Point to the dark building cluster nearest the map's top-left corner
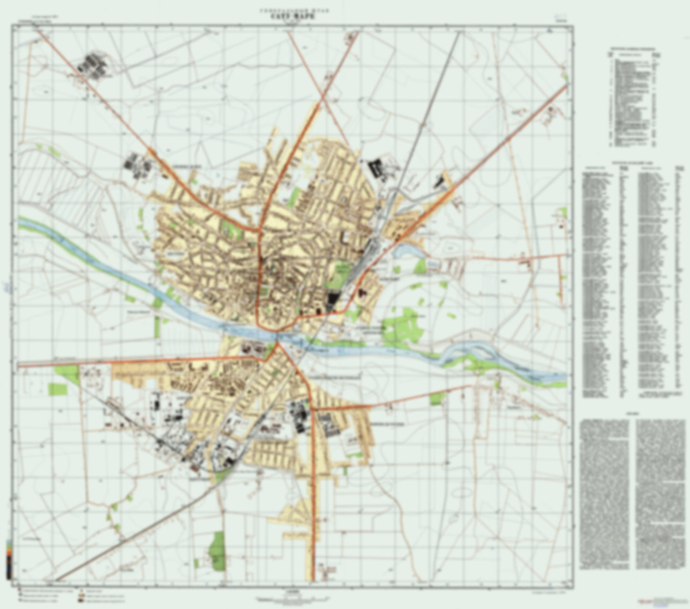pos(92,65)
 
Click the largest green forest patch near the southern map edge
pos(217,550)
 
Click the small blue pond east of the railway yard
pos(406,250)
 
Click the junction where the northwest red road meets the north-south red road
pos(259,231)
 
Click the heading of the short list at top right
pos(634,49)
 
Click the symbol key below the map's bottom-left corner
pos(72,595)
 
